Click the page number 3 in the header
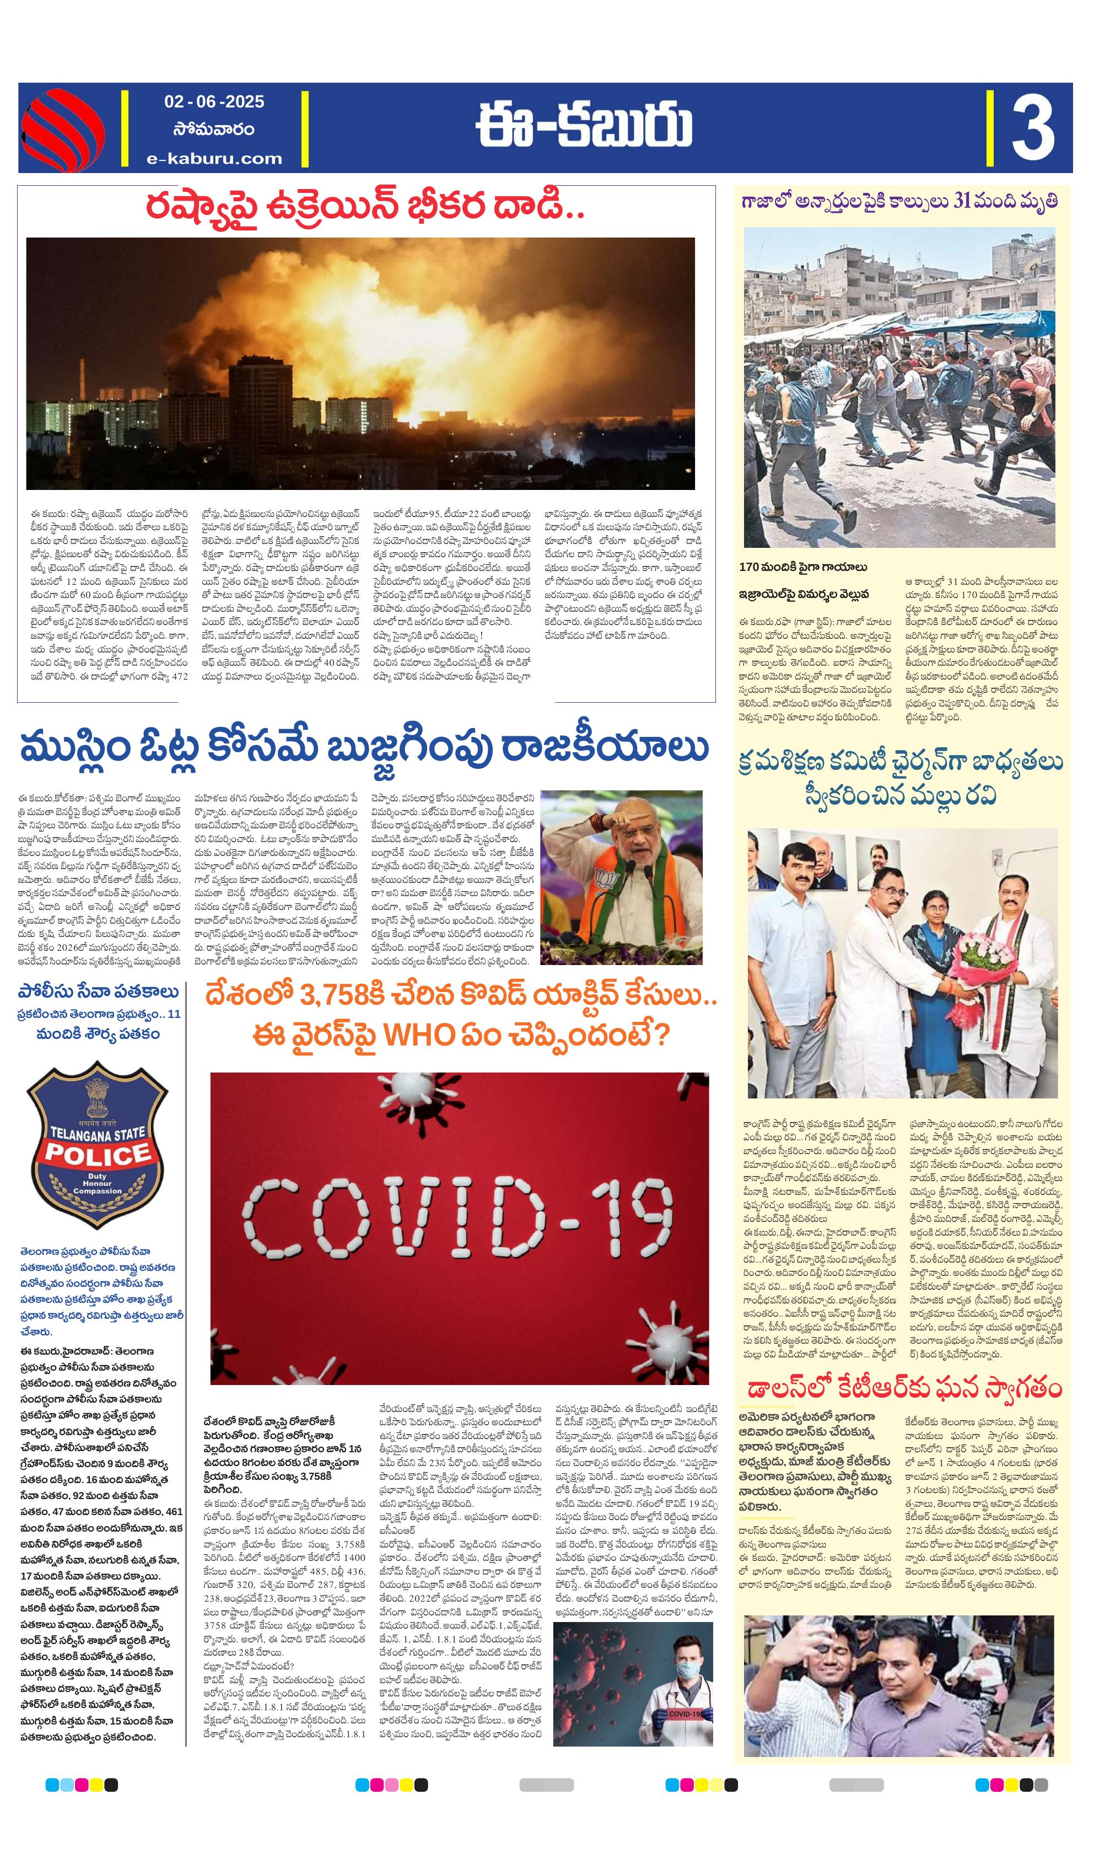1032,127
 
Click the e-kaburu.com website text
214,158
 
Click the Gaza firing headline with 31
898,202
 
